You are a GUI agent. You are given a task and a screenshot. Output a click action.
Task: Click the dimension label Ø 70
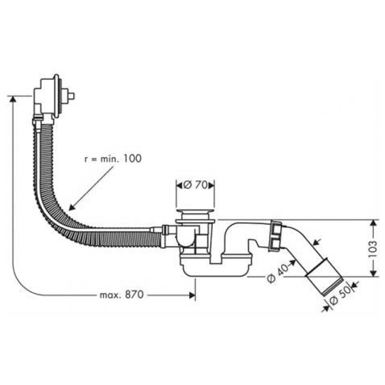coord(195,184)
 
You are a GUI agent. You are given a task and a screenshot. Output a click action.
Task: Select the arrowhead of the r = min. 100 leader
coord(71,208)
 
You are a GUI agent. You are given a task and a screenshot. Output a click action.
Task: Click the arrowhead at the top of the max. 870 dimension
coord(12,99)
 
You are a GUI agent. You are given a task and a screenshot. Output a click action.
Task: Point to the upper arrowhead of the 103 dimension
coord(372,223)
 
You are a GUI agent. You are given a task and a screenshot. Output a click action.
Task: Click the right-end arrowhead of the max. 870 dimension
coord(194,295)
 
